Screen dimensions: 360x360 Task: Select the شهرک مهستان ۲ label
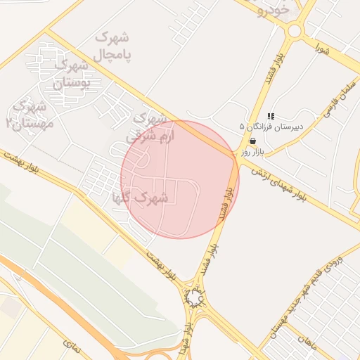tap(26, 115)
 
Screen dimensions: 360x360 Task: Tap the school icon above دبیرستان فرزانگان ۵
tap(271, 117)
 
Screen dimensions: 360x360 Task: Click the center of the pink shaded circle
tap(180, 179)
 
